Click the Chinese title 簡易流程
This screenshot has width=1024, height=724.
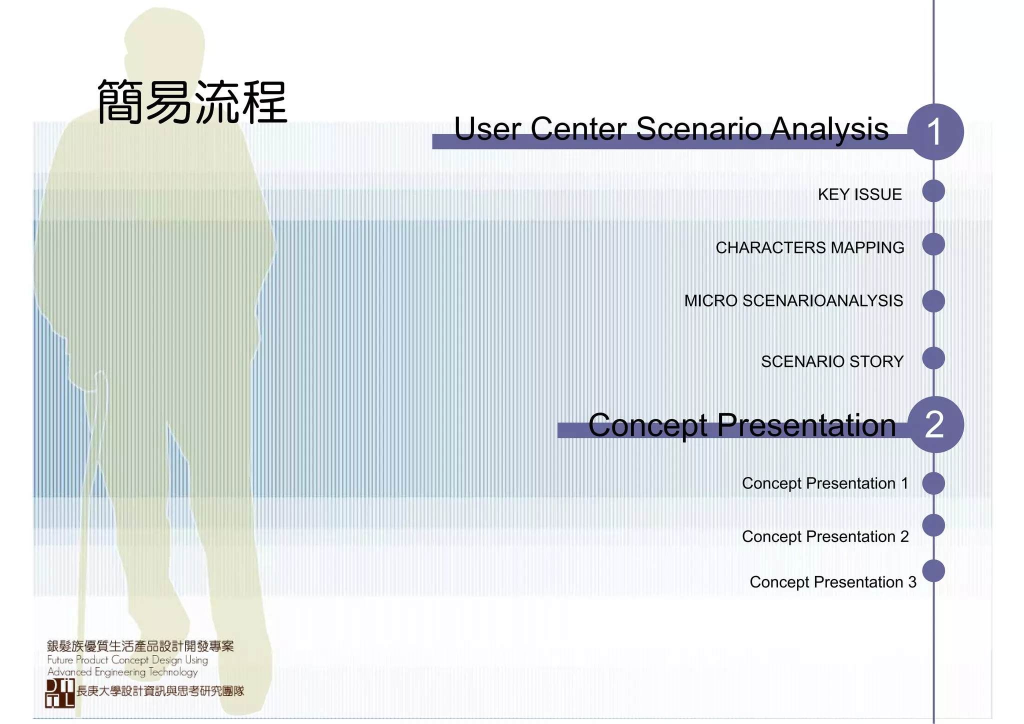(x=192, y=102)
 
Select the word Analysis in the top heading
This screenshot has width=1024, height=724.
(x=829, y=129)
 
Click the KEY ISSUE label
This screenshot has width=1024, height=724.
(x=859, y=194)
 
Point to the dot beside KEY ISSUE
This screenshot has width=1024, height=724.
(x=933, y=191)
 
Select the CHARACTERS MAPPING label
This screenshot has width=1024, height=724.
(x=809, y=247)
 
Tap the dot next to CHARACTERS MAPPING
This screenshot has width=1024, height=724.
(x=933, y=244)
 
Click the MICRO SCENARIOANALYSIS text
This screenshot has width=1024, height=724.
(x=793, y=301)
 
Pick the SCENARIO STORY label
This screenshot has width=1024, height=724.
(x=832, y=361)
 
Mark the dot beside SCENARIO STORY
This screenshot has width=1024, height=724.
(x=933, y=358)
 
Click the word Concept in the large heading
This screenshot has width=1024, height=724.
(x=647, y=426)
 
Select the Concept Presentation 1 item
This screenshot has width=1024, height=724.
(x=824, y=483)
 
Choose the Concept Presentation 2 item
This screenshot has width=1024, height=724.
(x=825, y=536)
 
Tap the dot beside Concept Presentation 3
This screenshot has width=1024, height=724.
(x=933, y=571)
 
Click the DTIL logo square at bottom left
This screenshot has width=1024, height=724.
(x=60, y=693)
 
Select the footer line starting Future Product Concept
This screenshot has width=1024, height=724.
(x=127, y=660)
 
